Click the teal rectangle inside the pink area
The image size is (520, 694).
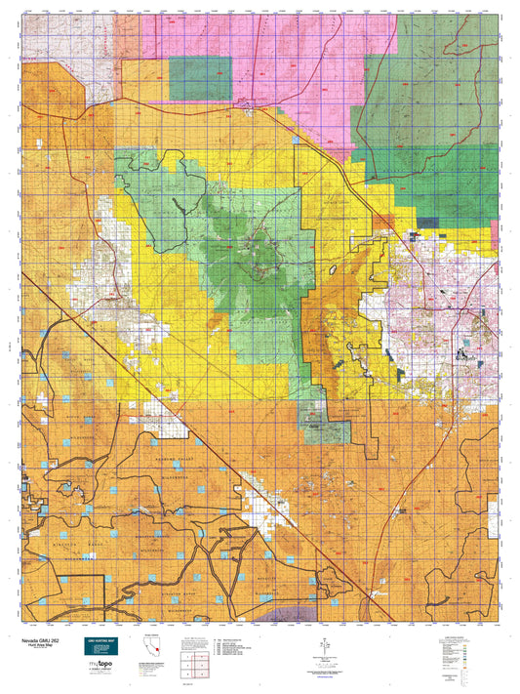pos(201,78)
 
